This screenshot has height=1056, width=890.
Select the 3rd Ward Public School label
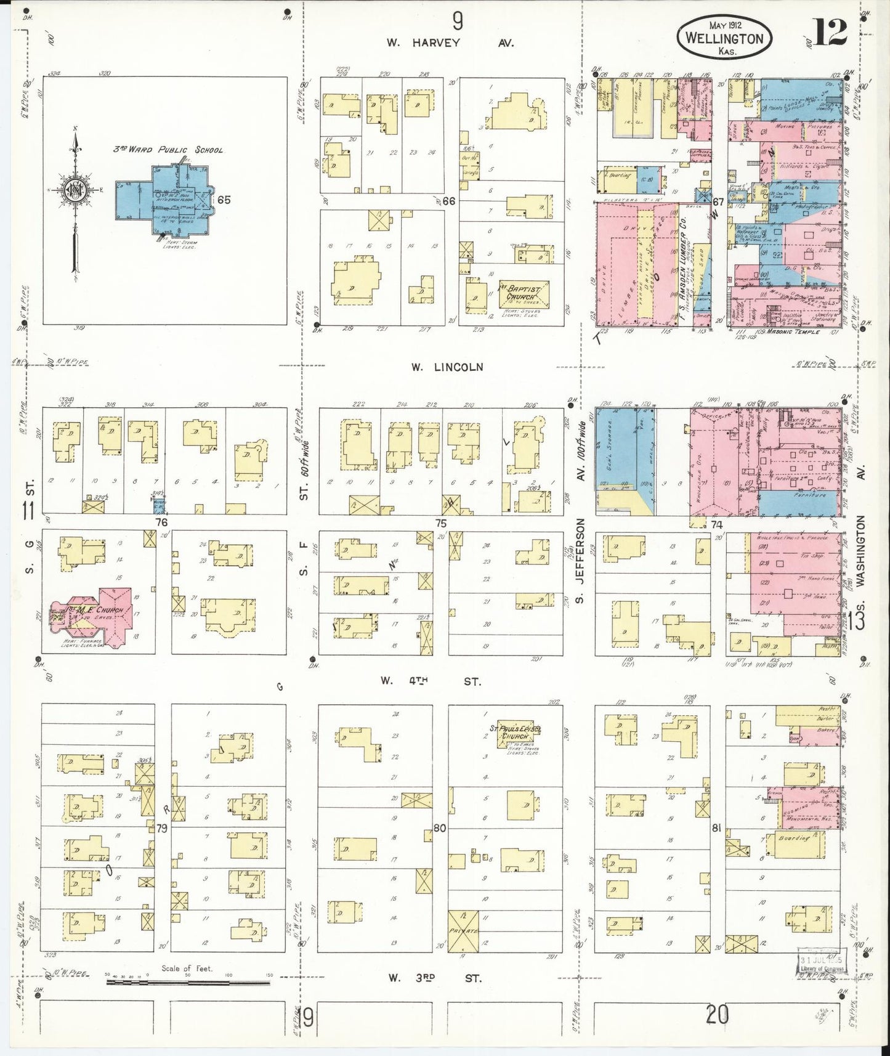[x=168, y=150]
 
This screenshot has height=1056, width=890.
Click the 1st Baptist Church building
[x=523, y=293]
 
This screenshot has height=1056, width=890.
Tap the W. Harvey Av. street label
[x=450, y=43]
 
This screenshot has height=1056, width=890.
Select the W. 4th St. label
[x=430, y=681]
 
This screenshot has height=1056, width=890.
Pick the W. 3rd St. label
[x=434, y=978]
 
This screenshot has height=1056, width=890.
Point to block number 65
[x=224, y=200]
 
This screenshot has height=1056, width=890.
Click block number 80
[x=439, y=828]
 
